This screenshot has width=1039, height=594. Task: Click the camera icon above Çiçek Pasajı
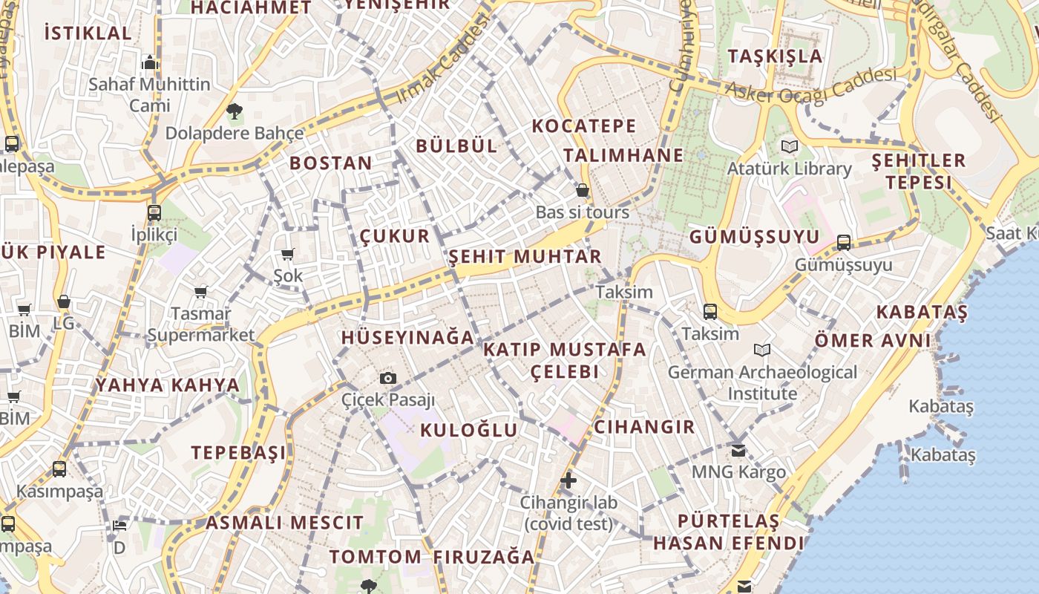[x=387, y=379]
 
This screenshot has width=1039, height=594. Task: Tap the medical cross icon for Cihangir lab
[x=568, y=480]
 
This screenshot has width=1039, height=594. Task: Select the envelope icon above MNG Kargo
[x=738, y=451]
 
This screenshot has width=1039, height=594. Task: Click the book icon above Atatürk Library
[x=789, y=147]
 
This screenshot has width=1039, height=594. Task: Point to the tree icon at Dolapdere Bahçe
[x=235, y=112]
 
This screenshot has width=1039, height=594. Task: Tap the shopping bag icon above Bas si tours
[x=583, y=191]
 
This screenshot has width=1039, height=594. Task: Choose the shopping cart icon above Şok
[x=288, y=255]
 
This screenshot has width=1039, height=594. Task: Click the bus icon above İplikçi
[x=154, y=213]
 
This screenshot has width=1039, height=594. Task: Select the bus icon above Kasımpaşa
[x=59, y=469]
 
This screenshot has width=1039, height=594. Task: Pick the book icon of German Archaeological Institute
[x=761, y=350]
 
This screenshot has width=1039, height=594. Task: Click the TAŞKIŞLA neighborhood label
[x=775, y=56]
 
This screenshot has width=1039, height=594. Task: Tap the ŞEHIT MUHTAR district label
[x=525, y=257]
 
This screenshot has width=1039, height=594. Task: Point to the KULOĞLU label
[x=468, y=431]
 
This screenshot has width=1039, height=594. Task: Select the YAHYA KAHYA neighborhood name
[x=168, y=385]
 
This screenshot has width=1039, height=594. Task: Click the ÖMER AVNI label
[x=872, y=341]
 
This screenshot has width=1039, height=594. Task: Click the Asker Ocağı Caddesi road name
[x=810, y=86]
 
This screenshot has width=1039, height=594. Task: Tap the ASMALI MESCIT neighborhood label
[x=284, y=523]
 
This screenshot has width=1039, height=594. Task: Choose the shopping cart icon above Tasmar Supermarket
[x=200, y=292]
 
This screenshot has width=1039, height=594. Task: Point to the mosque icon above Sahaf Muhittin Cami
[x=150, y=62]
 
